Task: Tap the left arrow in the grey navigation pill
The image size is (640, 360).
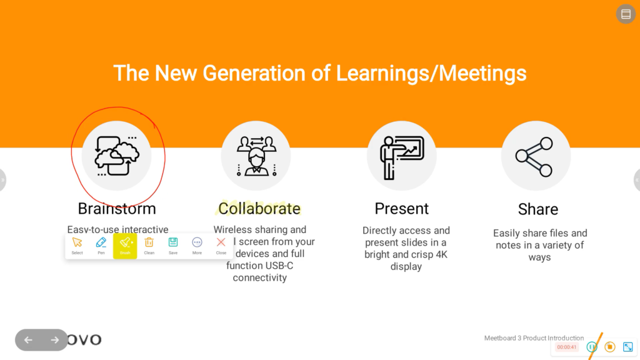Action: click(28, 340)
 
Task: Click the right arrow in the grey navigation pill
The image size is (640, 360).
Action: click(54, 340)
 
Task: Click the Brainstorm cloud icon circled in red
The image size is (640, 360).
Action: click(117, 156)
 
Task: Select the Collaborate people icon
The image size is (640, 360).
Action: click(256, 156)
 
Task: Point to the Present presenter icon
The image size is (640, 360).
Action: click(401, 156)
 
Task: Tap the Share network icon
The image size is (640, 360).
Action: click(536, 156)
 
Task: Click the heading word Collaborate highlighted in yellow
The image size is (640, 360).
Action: click(259, 208)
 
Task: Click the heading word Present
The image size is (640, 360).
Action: click(401, 208)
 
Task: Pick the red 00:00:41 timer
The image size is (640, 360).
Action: click(567, 347)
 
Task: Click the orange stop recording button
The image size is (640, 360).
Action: click(610, 347)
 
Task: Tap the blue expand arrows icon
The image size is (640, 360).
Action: click(628, 347)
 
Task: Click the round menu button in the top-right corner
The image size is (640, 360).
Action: click(626, 14)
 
